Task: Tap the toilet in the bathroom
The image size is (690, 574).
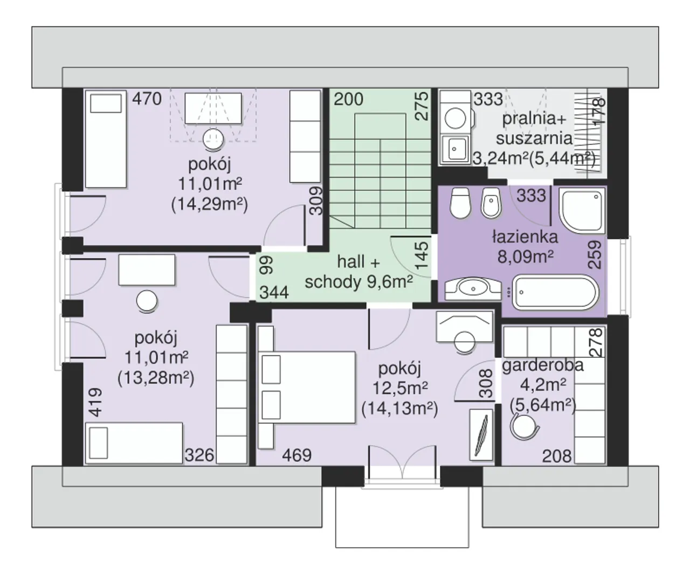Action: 460,203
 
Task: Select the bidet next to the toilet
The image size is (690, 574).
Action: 492,203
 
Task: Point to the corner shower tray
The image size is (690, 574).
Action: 582,210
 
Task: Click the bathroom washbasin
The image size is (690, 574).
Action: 473,289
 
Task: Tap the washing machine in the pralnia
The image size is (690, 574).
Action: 456,112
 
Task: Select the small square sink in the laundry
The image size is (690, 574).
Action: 456,149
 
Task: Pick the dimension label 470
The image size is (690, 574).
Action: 147,99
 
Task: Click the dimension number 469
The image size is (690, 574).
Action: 296,455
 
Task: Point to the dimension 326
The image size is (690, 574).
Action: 199,455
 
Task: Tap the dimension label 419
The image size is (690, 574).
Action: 96,402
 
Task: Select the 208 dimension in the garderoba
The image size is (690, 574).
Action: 557,457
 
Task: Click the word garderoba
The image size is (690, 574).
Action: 543,365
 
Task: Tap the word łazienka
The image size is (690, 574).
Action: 525,237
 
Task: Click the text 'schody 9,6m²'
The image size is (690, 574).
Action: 358,282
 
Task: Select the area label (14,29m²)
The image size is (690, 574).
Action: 210,205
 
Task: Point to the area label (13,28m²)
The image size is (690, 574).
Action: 156,377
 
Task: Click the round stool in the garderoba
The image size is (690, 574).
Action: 525,427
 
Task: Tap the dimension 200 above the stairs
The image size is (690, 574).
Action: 348,99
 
